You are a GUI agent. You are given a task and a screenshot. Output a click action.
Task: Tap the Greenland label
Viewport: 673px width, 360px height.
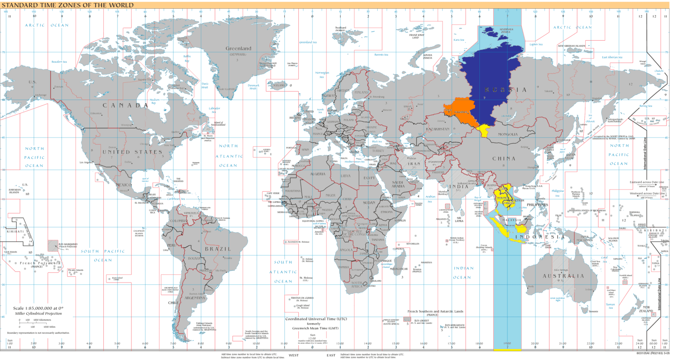238,48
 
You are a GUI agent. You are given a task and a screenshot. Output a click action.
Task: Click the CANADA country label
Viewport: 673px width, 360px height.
126,105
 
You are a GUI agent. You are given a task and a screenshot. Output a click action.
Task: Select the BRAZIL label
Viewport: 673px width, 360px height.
218,249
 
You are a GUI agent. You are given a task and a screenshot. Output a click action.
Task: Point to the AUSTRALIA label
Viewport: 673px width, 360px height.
563,276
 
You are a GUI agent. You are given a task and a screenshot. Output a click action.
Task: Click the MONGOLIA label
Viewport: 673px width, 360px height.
507,134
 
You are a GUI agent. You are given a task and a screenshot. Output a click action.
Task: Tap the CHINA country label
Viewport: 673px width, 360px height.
504,159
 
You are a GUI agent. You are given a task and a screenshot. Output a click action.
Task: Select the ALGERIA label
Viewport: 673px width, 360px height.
318,174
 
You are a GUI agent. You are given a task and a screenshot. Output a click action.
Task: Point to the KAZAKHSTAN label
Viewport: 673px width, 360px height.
438,129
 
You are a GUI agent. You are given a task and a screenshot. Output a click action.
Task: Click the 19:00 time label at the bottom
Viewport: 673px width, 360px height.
507,343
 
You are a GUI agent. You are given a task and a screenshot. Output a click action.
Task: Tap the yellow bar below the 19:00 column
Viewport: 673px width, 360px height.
507,350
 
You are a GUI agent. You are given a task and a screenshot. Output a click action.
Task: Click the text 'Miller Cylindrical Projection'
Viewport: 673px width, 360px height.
39,314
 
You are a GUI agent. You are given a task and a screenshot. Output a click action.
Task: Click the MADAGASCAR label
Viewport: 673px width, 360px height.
398,269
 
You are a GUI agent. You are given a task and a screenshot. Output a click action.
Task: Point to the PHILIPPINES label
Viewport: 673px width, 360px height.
537,205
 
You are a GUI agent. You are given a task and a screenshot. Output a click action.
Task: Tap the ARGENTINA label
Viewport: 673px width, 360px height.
195,298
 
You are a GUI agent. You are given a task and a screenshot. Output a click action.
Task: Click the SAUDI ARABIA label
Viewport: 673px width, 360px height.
398,184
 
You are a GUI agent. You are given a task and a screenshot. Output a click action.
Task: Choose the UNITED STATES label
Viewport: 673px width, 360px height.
132,152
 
